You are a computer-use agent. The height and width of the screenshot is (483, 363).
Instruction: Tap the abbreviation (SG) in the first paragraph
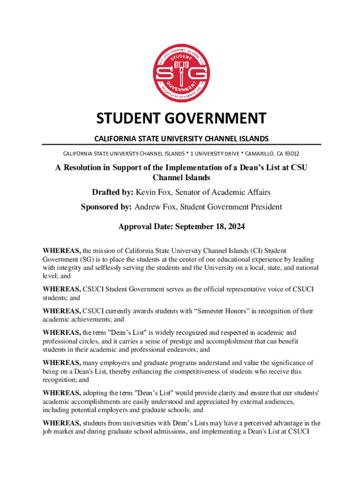pyautogui.click(x=88, y=259)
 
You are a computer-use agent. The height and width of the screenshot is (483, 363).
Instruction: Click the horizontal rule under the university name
pyautogui.click(x=181, y=144)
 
